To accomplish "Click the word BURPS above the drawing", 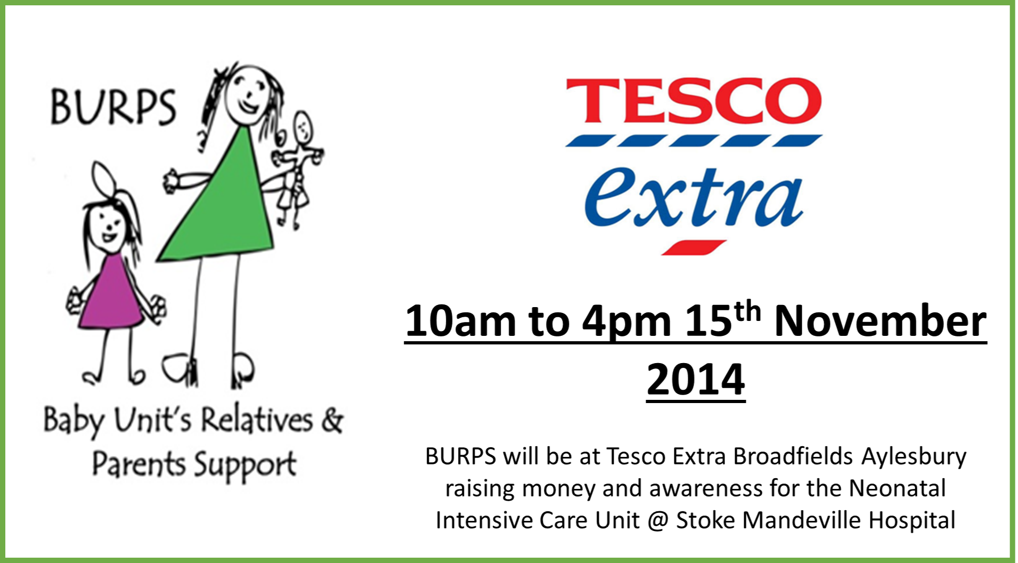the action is point(112,107).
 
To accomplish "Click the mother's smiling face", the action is point(247,95).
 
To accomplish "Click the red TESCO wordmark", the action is point(694,101).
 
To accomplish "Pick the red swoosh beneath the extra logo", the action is point(693,248).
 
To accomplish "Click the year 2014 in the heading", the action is point(696,379).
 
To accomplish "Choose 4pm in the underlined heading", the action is point(626,323).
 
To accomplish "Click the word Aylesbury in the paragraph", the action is point(914,457).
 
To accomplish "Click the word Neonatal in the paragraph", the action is point(897,488).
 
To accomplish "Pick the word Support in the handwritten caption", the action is point(245,465).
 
